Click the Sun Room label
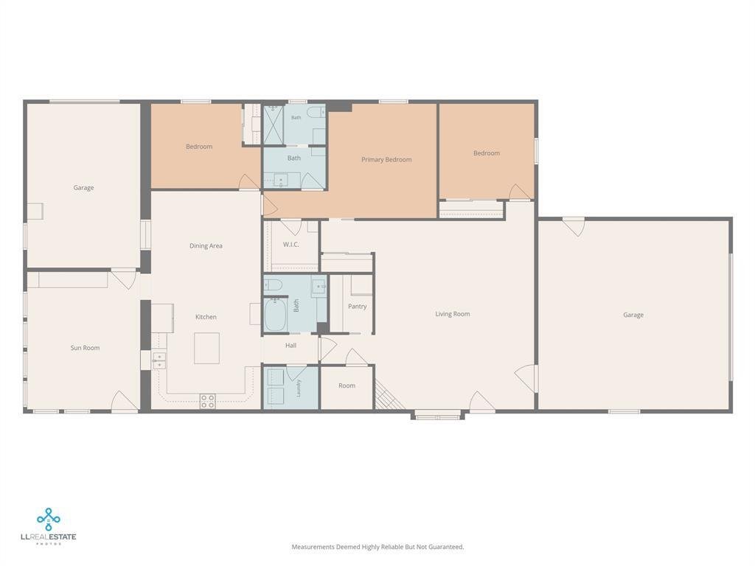point(85,348)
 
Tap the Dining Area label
point(206,246)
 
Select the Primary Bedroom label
point(386,159)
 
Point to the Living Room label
point(452,314)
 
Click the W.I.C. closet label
point(290,245)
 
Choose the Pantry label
point(357,306)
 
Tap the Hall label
point(290,345)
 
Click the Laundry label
point(299,388)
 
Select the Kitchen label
point(206,317)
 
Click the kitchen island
point(206,348)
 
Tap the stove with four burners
point(207,402)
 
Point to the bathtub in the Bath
point(276,314)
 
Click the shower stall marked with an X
point(274,125)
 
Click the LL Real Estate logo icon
point(48,519)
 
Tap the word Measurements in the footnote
point(313,547)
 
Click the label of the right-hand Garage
point(633,315)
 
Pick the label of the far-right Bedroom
point(487,153)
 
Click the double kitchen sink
point(159,360)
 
